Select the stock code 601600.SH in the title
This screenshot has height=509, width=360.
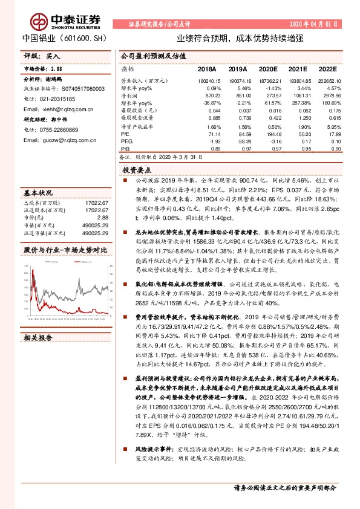79,36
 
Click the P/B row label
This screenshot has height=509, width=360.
126,149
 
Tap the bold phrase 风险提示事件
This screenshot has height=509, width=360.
152,450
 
